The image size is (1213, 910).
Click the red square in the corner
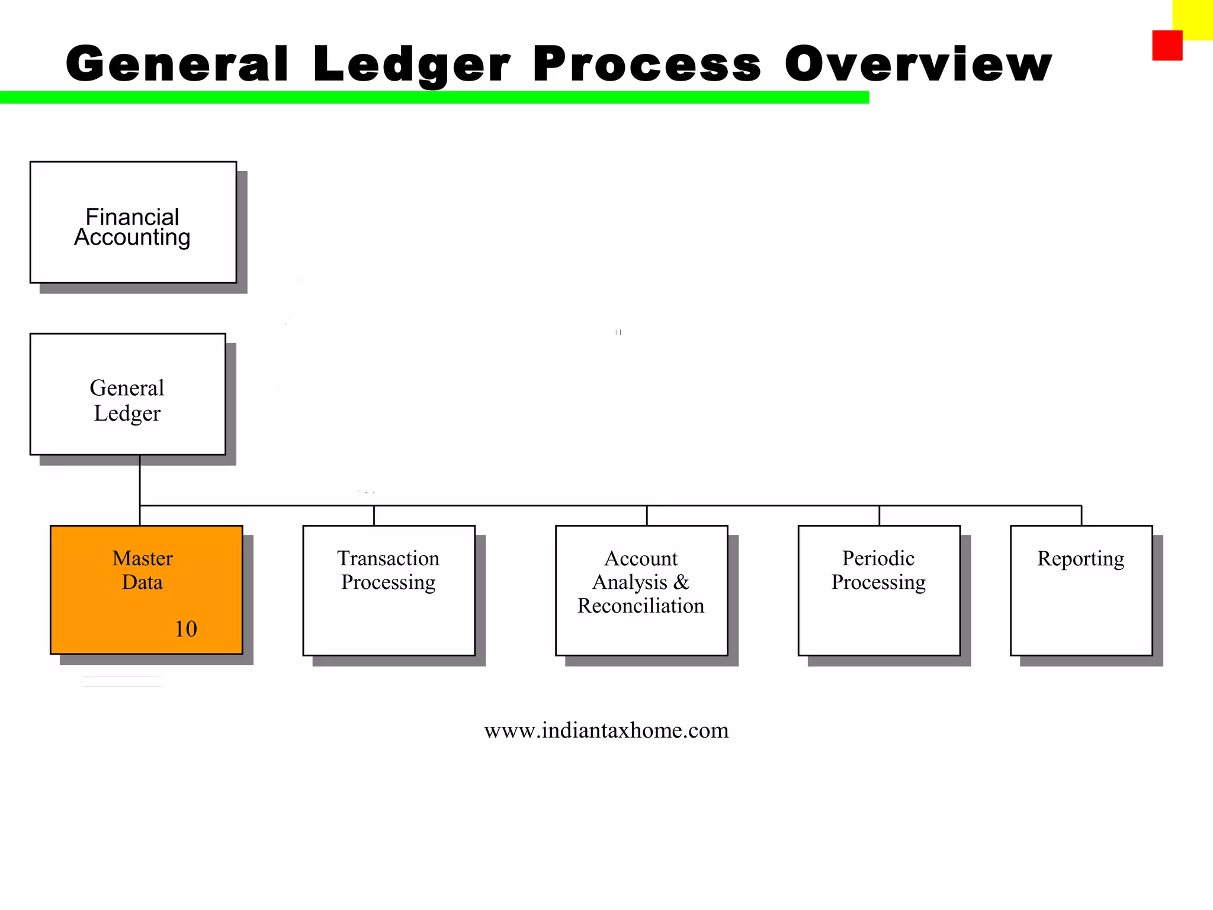[x=1167, y=46]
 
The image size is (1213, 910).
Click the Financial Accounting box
[x=133, y=222]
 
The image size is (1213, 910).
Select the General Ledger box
[x=127, y=394]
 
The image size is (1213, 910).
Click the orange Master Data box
[x=146, y=590]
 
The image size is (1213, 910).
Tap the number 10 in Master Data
[x=185, y=629]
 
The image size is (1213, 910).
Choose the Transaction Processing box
[x=389, y=590]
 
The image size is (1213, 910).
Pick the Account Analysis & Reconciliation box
[x=641, y=590]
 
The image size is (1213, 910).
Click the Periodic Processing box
[x=879, y=590]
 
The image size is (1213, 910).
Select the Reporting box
[x=1081, y=590]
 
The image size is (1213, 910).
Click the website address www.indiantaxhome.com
[x=606, y=730]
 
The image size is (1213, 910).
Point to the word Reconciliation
[x=641, y=606]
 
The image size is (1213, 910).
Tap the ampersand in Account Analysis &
[x=682, y=582]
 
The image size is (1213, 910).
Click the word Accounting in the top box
[x=132, y=238]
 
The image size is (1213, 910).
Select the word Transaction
[x=389, y=559]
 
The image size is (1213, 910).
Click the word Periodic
[x=878, y=559]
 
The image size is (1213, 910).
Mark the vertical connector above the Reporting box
[x=1082, y=515]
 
